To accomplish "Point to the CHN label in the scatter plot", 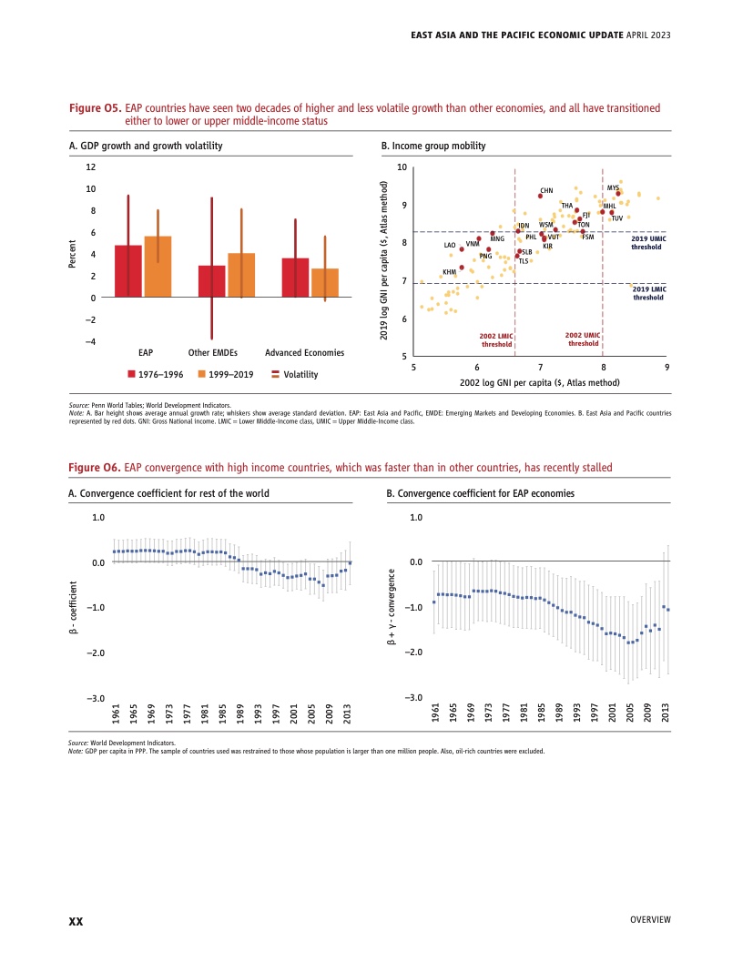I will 546,191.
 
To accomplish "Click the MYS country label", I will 613,187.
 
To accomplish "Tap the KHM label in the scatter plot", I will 449,272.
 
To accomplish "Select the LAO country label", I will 449,246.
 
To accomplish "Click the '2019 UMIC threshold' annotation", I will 648,243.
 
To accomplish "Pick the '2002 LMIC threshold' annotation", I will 496,340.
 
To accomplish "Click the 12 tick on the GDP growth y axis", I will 89,167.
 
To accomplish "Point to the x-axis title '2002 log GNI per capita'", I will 540,382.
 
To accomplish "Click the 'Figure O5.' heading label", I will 96,108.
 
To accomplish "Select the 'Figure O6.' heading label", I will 96,467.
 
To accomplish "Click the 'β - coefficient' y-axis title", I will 72,608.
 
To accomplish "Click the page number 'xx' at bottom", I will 76,921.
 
